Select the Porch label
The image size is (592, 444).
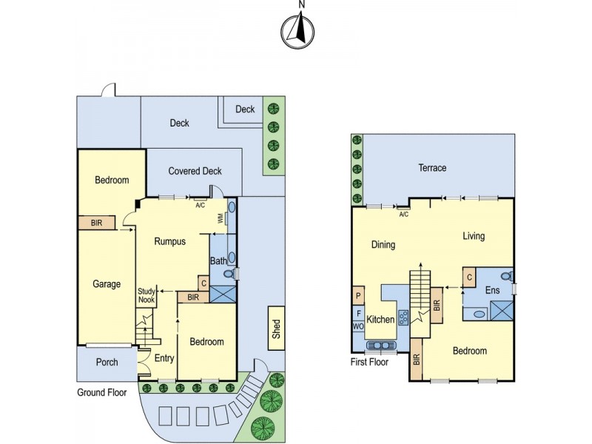coord(107,363)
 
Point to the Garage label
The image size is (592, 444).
coord(107,283)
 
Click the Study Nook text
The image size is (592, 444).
coord(147,296)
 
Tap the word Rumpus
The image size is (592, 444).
coord(169,241)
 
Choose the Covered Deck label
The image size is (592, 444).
coord(195,171)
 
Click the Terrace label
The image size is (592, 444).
coord(432,168)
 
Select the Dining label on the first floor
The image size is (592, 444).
coord(383,245)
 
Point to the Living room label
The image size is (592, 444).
coord(474,237)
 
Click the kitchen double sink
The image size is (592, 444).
coord(383,345)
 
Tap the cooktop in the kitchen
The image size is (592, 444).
coord(404,319)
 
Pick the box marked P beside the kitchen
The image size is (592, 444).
coord(358,295)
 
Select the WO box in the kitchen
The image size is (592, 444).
coord(358,326)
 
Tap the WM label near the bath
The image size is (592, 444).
coord(220,219)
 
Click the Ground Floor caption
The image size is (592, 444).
coord(102,393)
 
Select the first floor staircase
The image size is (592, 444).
coord(420,289)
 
